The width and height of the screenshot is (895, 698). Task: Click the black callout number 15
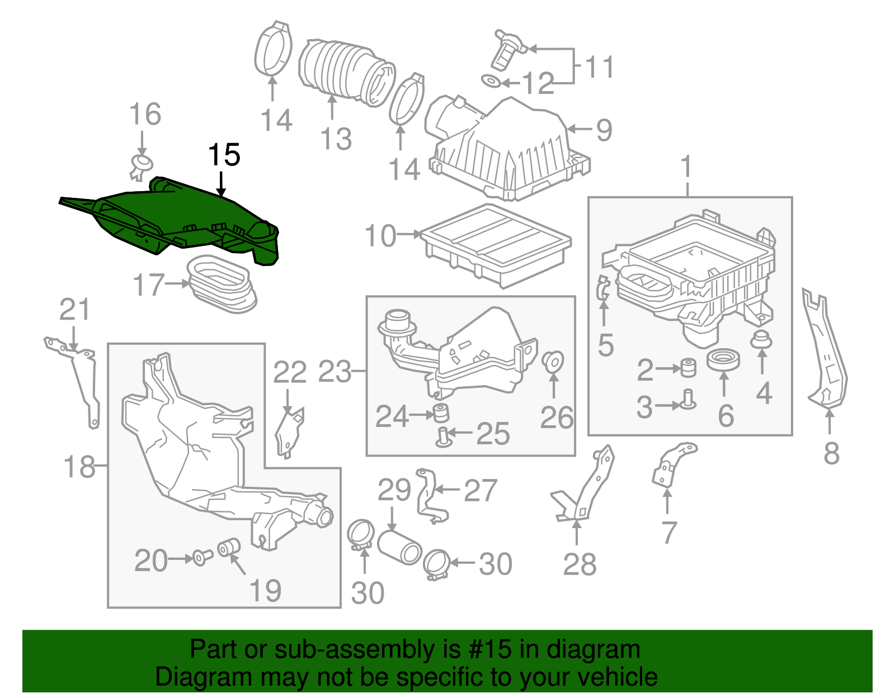pos(224,155)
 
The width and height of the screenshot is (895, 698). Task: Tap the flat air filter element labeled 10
pos(495,243)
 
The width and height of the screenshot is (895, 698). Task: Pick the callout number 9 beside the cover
pos(604,130)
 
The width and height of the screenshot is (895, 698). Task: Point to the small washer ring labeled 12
pos(491,82)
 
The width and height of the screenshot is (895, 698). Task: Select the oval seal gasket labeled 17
pos(221,285)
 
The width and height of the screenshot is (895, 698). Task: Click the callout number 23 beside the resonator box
pos(335,372)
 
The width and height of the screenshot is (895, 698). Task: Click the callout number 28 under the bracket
pos(580,564)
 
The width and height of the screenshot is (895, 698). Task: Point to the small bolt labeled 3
pos(688,399)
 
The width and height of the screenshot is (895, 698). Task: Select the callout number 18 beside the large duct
pos(79,466)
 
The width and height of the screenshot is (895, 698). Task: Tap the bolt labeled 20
pos(202,557)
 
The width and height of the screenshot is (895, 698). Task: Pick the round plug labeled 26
pos(553,361)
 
